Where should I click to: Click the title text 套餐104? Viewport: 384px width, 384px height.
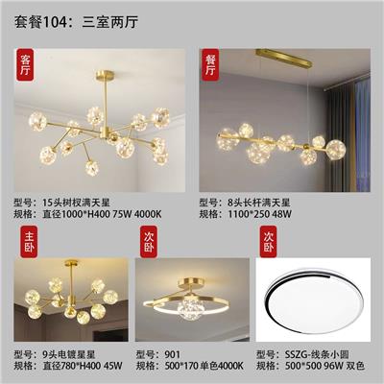tap(40, 23)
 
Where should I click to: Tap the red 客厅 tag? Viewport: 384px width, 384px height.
tap(25, 65)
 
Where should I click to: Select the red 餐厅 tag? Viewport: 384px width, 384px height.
tap(209, 65)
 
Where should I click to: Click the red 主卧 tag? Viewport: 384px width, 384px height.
tap(29, 242)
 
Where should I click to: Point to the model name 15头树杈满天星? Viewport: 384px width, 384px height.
tap(77, 203)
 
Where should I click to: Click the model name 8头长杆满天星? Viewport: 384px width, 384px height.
tap(259, 203)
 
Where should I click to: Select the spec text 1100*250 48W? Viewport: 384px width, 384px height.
tap(259, 214)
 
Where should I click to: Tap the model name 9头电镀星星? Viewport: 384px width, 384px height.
tap(69, 354)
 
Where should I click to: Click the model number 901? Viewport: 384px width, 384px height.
tap(173, 354)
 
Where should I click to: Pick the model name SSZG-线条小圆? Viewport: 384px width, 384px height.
tap(317, 354)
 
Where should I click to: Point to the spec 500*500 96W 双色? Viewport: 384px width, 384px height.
tap(324, 366)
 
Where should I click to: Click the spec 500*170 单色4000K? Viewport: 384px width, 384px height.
tap(204, 366)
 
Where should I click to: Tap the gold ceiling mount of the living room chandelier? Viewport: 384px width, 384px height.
tap(105, 76)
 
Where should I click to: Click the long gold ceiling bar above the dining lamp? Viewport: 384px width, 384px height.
tap(284, 58)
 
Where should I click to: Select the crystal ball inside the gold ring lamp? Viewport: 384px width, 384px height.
tap(187, 308)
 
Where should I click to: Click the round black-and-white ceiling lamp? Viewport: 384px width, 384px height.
tap(314, 300)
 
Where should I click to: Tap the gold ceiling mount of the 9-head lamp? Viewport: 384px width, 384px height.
tap(71, 263)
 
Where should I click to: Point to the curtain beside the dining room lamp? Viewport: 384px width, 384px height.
tap(348, 134)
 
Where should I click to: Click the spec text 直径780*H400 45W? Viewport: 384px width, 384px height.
tap(83, 366)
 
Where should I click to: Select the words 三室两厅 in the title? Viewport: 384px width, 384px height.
tap(110, 23)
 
